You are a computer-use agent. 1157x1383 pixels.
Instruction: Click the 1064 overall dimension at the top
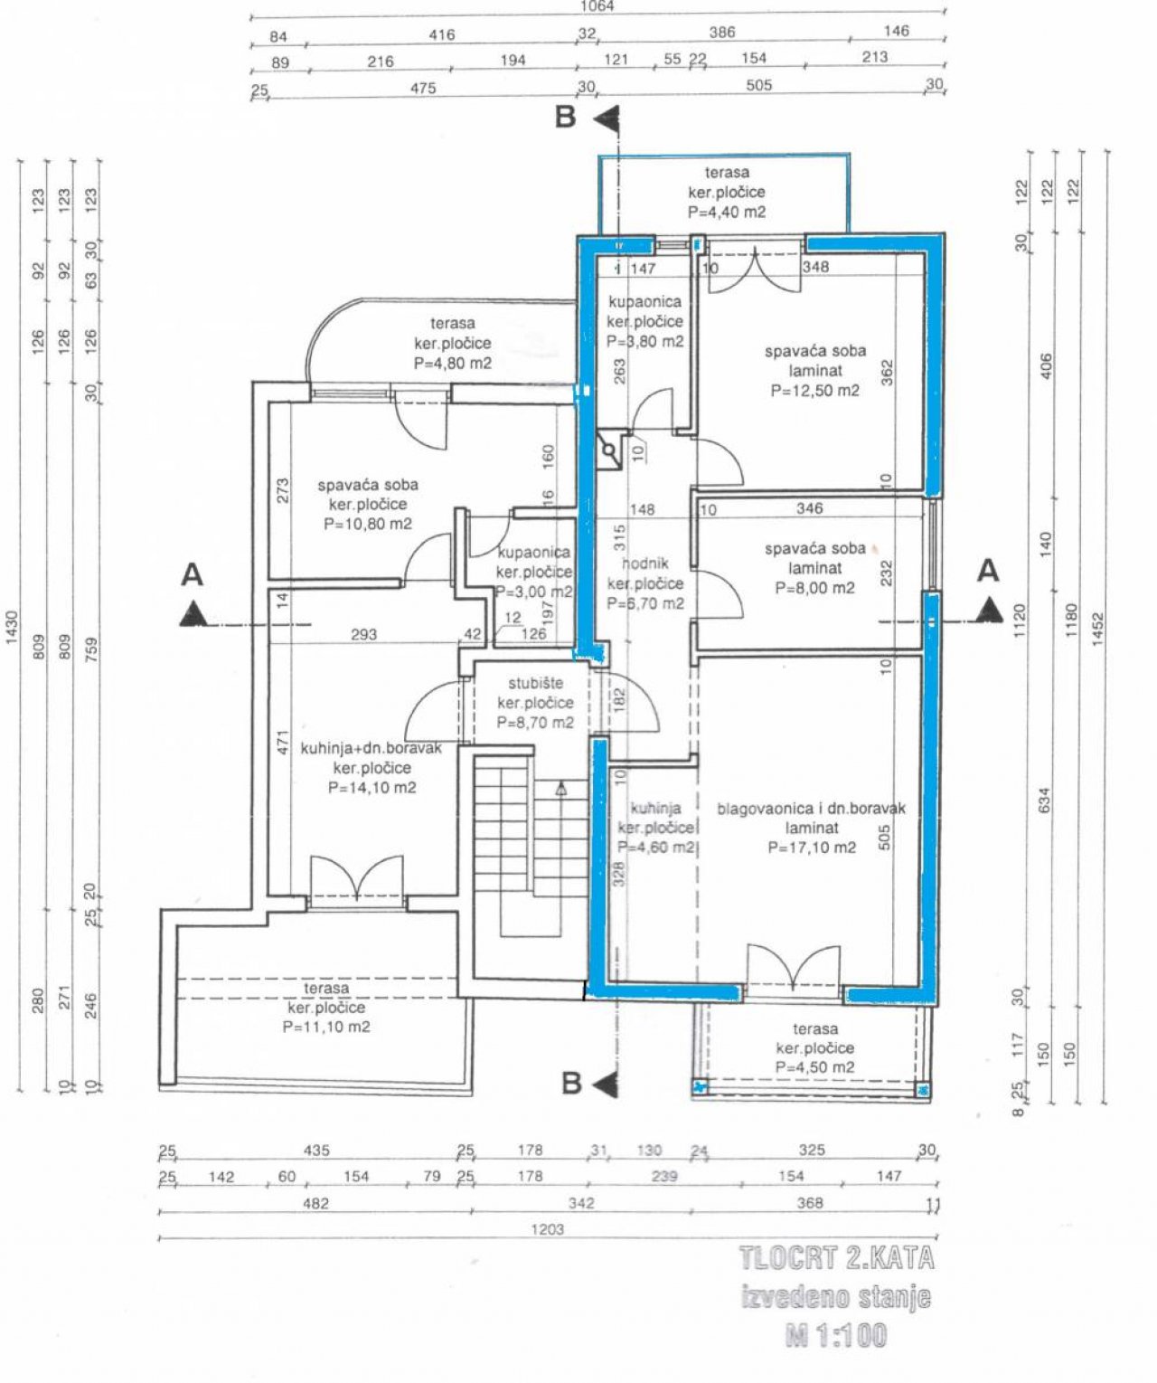(x=597, y=6)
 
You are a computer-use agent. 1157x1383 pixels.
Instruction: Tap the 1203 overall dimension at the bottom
(x=548, y=1228)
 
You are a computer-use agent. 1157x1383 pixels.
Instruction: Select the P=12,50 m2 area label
(x=814, y=391)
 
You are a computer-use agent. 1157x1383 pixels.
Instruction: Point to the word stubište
(x=535, y=683)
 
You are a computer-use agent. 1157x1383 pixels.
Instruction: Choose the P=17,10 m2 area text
(x=811, y=848)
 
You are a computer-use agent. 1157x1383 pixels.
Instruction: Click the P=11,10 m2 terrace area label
(x=326, y=1027)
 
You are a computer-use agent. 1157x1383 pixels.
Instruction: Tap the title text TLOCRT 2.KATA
(x=836, y=1258)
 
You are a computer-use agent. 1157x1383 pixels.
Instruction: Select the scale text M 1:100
(x=836, y=1335)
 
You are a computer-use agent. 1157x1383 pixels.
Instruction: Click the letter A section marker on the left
(x=192, y=574)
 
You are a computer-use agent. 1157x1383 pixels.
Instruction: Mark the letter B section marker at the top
(x=566, y=118)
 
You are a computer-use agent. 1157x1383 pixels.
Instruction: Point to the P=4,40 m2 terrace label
(x=726, y=213)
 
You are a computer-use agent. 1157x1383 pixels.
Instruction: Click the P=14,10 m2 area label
(x=372, y=788)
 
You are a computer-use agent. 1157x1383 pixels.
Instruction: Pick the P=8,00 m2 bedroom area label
(x=814, y=588)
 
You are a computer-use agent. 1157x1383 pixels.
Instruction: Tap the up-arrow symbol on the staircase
(x=560, y=790)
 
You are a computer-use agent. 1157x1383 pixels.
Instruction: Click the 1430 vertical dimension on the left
(x=12, y=626)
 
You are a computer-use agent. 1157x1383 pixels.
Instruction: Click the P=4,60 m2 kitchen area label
(x=656, y=848)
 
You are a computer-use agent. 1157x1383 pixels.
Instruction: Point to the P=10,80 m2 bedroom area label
(x=367, y=524)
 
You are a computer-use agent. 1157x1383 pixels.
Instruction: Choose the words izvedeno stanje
(x=836, y=1297)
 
